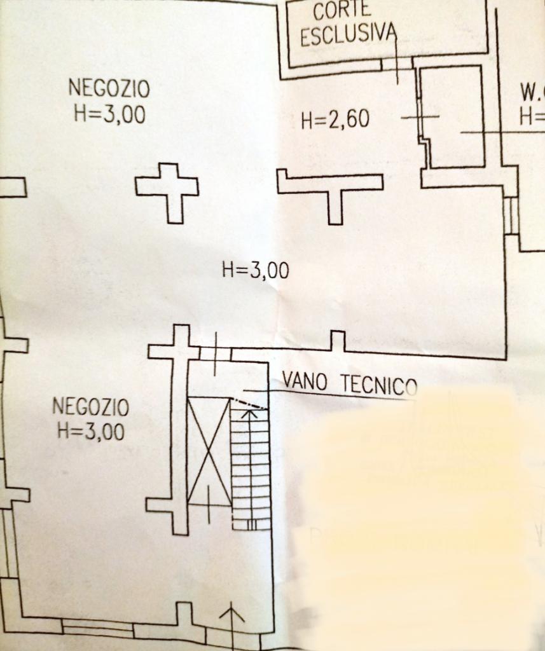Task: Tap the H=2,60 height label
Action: (335, 119)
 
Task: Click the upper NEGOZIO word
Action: (109, 86)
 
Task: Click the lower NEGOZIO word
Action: (90, 406)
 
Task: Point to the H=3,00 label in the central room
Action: (255, 271)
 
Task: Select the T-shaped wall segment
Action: (331, 187)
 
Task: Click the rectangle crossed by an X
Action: (209, 451)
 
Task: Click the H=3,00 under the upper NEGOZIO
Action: (109, 114)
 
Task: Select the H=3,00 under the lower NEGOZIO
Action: (90, 432)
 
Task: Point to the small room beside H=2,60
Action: (453, 118)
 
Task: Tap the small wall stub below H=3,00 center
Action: (338, 341)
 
